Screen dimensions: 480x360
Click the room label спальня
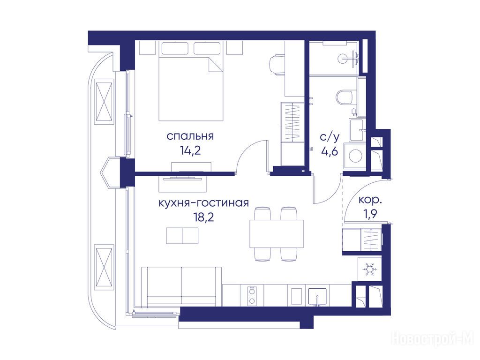[x=190, y=136]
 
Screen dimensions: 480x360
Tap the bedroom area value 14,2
[x=190, y=150]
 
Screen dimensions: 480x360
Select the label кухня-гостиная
[x=203, y=203]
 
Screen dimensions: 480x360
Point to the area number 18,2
[x=203, y=217]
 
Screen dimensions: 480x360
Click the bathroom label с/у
[x=330, y=137]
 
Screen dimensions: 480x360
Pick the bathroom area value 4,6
[x=330, y=151]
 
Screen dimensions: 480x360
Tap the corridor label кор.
[x=370, y=200]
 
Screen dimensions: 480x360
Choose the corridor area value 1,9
[x=370, y=215]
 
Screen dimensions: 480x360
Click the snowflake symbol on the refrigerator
[x=369, y=269]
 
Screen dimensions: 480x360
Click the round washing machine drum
[x=355, y=156]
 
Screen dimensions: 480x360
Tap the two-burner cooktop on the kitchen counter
[x=252, y=296]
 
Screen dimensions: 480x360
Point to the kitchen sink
[x=317, y=296]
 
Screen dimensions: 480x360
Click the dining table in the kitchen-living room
[x=277, y=234]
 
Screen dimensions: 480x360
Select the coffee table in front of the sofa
[x=182, y=236]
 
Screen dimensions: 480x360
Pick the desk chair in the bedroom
[x=277, y=64]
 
